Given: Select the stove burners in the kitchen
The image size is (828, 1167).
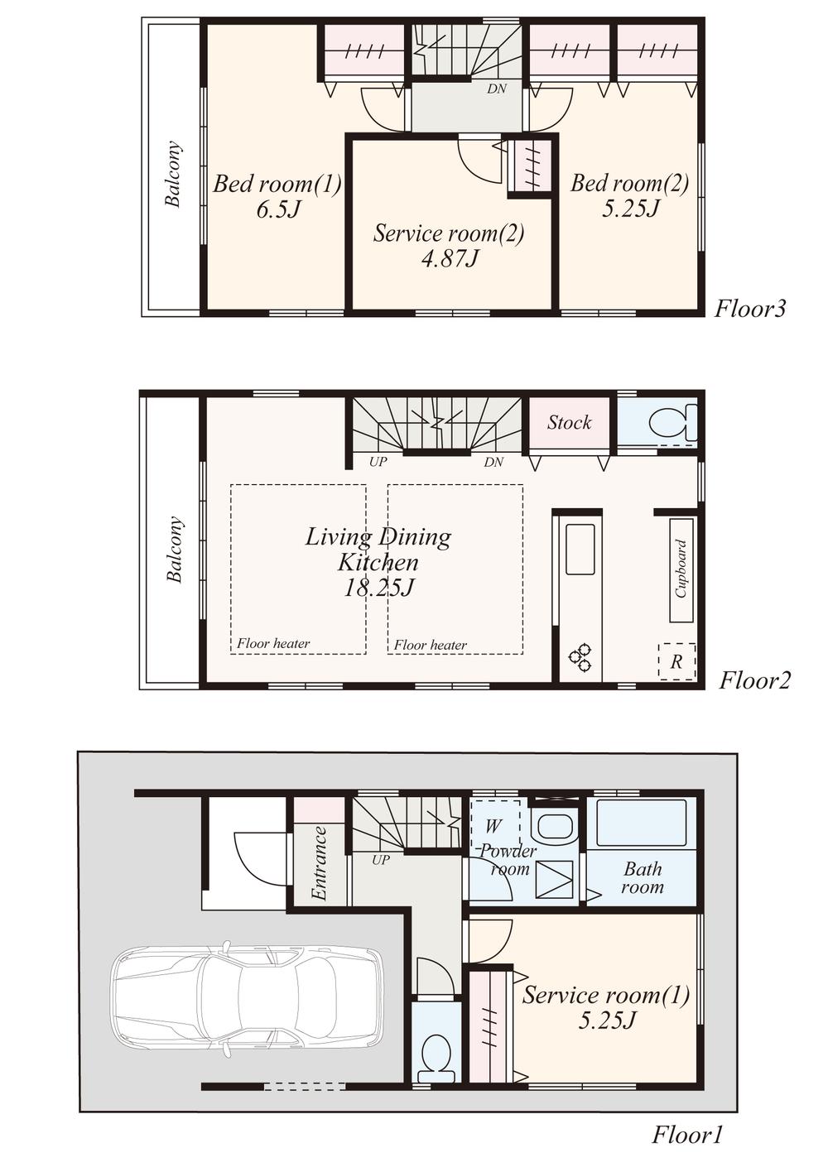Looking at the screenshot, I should [580, 657].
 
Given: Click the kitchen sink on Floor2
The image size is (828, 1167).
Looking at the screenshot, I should [580, 549].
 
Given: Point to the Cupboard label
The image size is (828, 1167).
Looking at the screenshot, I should [681, 569].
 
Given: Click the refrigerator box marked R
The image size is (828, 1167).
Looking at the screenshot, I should [676, 661].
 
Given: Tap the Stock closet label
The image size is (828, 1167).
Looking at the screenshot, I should [570, 423].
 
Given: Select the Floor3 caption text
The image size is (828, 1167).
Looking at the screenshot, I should [750, 309].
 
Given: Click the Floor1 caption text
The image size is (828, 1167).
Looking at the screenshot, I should [687, 1134].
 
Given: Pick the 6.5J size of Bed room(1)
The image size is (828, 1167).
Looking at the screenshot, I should [277, 209].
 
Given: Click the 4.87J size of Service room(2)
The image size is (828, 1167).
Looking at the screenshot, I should [450, 259].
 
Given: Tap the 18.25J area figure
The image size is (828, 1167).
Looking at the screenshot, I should [378, 588].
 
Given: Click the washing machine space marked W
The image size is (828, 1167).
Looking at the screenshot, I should [493, 825].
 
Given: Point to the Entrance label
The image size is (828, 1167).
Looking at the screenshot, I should [320, 863].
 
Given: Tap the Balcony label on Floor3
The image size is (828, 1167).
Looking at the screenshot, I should [173, 174].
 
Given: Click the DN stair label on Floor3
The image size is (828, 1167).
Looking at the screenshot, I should [497, 89].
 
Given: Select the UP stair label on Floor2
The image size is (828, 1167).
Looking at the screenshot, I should [378, 462].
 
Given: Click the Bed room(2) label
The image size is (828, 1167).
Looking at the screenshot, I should [629, 183].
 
